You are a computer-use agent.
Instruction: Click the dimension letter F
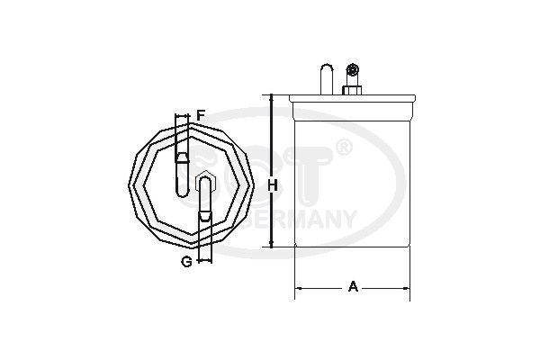[202, 115]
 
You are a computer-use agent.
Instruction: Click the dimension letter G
[185, 261]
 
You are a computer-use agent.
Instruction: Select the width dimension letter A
[354, 287]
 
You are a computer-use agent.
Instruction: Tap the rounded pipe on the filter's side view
[327, 76]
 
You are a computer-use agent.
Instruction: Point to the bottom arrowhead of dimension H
[270, 244]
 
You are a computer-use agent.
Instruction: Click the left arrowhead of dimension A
[300, 288]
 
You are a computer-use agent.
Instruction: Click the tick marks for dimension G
[205, 260]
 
